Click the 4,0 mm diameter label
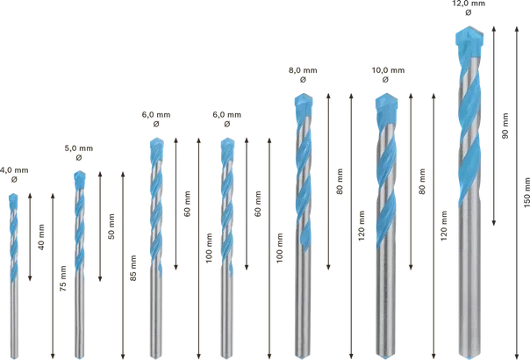click(x=14, y=170)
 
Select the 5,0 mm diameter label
click(x=79, y=148)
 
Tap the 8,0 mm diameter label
click(x=303, y=70)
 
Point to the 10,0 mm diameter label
click(x=388, y=70)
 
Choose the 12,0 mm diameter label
click(x=469, y=4)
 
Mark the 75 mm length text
click(x=63, y=278)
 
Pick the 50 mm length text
click(x=111, y=227)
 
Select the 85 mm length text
click(x=133, y=268)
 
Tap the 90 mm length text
click(x=505, y=126)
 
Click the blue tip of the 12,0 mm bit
click(x=469, y=36)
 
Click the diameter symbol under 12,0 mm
click(x=469, y=12)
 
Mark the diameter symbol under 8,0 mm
click(x=303, y=80)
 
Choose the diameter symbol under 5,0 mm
click(x=79, y=157)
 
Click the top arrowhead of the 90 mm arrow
click(x=494, y=28)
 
